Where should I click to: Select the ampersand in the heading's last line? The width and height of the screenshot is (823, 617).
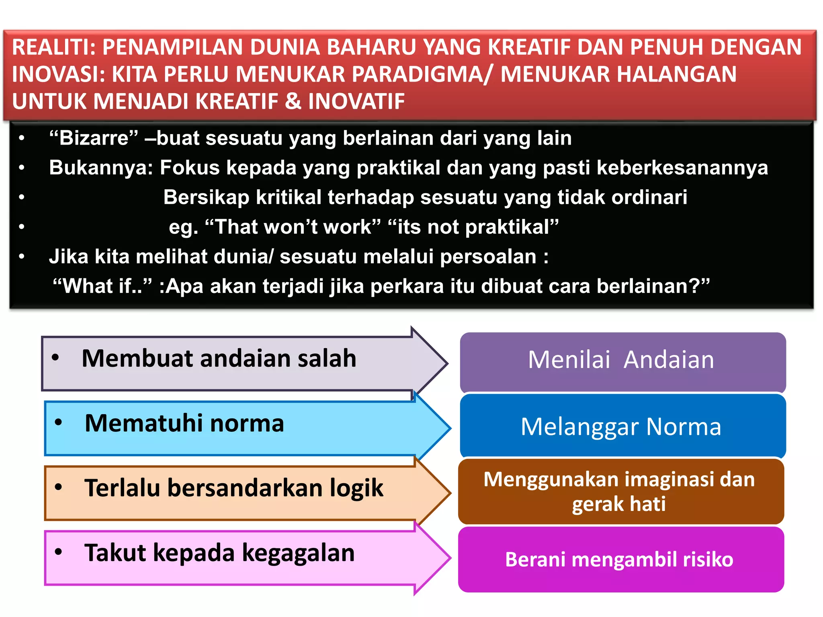[x=293, y=101]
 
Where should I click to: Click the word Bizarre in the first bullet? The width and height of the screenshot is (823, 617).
[x=94, y=138]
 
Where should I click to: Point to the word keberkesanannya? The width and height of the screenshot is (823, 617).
[x=682, y=168]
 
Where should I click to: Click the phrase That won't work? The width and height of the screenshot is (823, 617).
[x=293, y=227]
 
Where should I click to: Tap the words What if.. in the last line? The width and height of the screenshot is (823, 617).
[x=102, y=286]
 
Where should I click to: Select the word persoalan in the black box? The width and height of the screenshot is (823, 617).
[x=488, y=257]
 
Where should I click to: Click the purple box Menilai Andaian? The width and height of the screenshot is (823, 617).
[x=622, y=361]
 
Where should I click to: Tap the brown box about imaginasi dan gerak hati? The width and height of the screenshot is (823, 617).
[x=621, y=491]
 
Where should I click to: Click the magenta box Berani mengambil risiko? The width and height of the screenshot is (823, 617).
[x=621, y=559]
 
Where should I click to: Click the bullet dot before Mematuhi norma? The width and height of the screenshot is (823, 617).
[x=59, y=423]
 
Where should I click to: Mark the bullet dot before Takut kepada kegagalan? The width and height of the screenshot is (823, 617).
[x=59, y=552]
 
